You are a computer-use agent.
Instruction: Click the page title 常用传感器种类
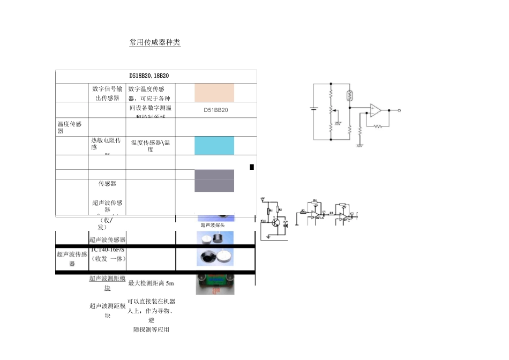155,42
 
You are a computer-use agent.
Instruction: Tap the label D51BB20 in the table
216,110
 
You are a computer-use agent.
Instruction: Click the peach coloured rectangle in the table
214,92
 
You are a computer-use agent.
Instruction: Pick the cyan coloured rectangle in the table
214,146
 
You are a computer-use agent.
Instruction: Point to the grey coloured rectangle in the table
214,181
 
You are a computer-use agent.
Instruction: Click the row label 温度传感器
69,127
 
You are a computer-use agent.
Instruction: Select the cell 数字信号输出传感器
108,93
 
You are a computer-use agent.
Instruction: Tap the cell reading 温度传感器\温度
151,146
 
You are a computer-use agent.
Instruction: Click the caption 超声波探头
213,225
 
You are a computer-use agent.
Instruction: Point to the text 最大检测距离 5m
151,283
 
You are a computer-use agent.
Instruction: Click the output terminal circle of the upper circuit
399,110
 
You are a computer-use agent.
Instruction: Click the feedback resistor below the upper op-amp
379,126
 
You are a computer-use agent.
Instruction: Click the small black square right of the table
252,167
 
